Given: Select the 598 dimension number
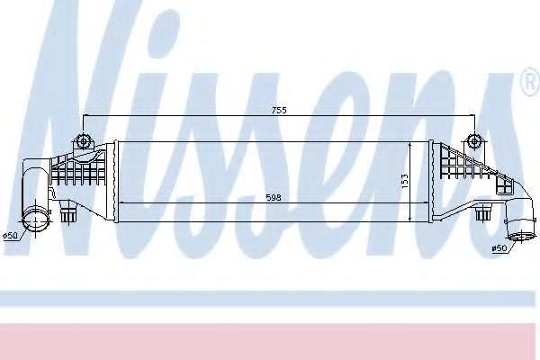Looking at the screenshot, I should (x=262, y=197).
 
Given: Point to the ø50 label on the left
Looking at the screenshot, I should (x=11, y=236).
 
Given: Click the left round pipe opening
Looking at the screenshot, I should (x=35, y=219).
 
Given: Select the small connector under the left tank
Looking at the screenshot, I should (x=69, y=214).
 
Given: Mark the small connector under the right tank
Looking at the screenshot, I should (x=482, y=214).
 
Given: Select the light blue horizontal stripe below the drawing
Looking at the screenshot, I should (x=270, y=298).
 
